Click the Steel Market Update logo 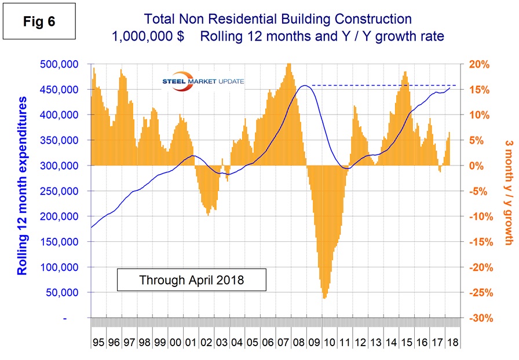203,82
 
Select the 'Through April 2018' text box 192,280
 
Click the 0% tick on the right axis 476,166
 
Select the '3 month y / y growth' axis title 508,191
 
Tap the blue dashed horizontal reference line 382,85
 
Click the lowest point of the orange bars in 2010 324,298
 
